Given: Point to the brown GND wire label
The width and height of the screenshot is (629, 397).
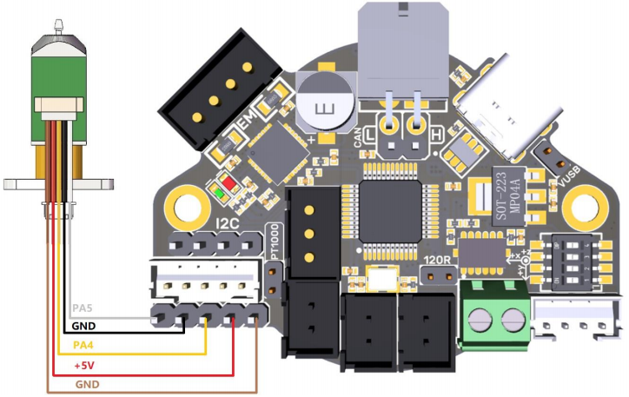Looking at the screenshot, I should click(x=88, y=384).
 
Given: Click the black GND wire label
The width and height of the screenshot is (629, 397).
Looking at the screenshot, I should click(x=85, y=327).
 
